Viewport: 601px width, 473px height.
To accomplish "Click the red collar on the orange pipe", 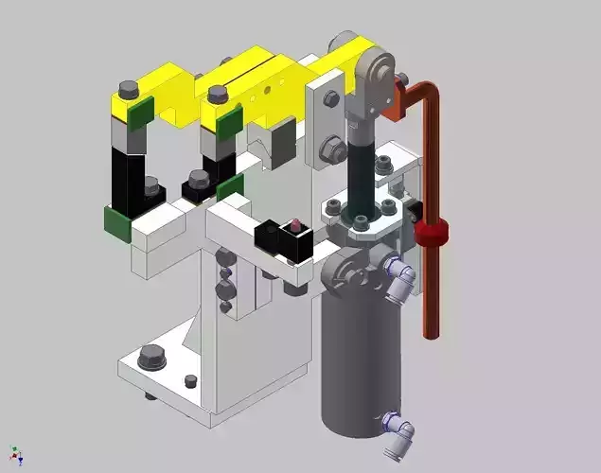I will click(x=431, y=234).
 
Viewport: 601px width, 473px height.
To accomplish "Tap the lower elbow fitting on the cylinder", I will click(x=398, y=429).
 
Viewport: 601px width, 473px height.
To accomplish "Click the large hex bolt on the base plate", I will click(x=150, y=358).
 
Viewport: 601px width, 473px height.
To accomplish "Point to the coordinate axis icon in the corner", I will click(x=14, y=456).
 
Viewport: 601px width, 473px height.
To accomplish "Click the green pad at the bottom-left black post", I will click(x=117, y=223).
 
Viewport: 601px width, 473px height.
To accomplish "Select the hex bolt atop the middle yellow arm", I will click(x=219, y=94).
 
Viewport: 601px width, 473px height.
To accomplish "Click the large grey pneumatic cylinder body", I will click(x=356, y=359).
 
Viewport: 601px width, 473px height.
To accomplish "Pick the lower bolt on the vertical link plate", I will click(x=332, y=146).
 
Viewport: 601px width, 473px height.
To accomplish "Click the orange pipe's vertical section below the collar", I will click(x=431, y=293).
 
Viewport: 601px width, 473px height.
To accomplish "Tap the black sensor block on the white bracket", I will click(x=283, y=241).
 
